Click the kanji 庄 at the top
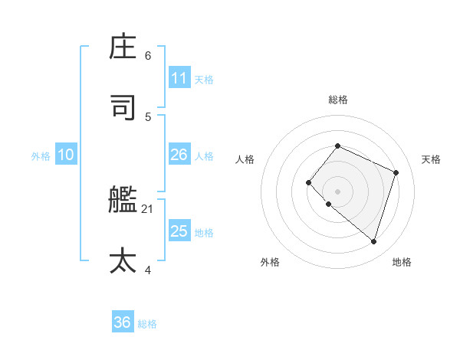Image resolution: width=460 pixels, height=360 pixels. pyautogui.click(x=123, y=47)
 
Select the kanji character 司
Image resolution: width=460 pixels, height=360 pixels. pyautogui.click(x=123, y=108)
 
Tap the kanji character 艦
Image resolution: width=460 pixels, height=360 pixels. pyautogui.click(x=123, y=201)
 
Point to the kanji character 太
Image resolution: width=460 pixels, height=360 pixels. pyautogui.click(x=123, y=260)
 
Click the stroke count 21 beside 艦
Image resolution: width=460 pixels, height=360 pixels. pyautogui.click(x=148, y=208)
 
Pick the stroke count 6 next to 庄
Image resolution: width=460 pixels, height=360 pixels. pyautogui.click(x=148, y=55)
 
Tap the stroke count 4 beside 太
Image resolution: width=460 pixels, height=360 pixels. pyautogui.click(x=148, y=269)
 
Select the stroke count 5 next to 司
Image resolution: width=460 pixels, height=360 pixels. pyautogui.click(x=148, y=116)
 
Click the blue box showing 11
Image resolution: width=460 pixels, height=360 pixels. pyautogui.click(x=179, y=78)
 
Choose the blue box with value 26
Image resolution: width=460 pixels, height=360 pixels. pyautogui.click(x=179, y=155)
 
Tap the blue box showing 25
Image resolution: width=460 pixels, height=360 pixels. pyautogui.click(x=179, y=231)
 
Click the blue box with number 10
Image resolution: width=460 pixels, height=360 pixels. pyautogui.click(x=66, y=155)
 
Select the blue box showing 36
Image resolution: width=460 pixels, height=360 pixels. pyautogui.click(x=122, y=322)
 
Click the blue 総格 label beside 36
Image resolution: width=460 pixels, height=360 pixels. pyautogui.click(x=147, y=324)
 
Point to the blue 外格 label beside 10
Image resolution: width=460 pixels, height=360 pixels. pyautogui.click(x=41, y=156)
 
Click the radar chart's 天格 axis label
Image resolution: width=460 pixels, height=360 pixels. pyautogui.click(x=431, y=159)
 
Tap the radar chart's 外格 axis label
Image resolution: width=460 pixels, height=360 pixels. pyautogui.click(x=270, y=262)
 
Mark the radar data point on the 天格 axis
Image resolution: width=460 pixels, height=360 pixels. pyautogui.click(x=396, y=172)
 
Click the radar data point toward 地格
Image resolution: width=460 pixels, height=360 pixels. pyautogui.click(x=373, y=241)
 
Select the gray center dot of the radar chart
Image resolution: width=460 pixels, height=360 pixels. pyautogui.click(x=337, y=191)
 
